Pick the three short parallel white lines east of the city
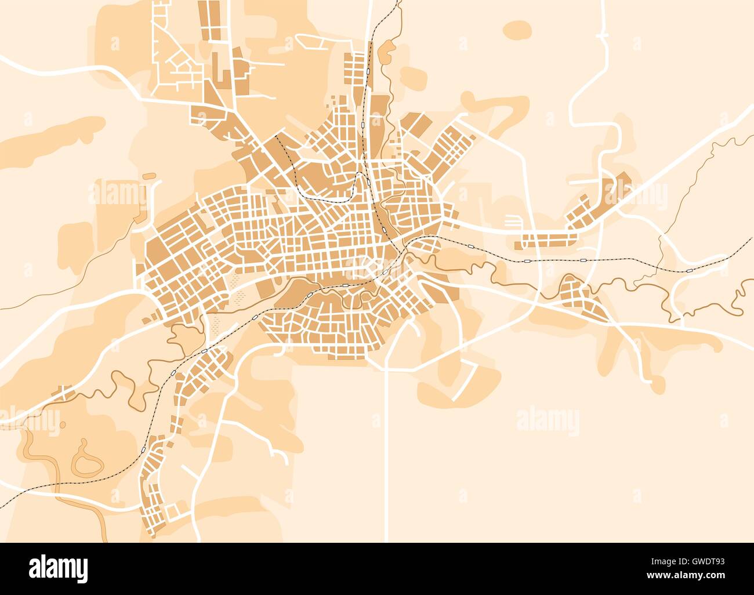pyautogui.click(x=512, y=221)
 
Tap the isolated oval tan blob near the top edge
pyautogui.click(x=516, y=29)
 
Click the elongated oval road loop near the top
pyautogui.click(x=311, y=42)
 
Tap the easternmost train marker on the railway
pyautogui.click(x=688, y=270)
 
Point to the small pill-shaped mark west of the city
pyautogui.click(x=149, y=175)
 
